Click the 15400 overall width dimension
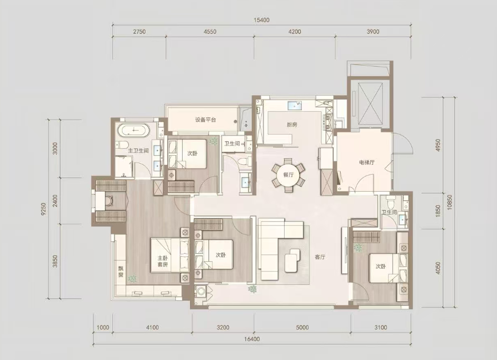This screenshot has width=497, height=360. tap(261, 20)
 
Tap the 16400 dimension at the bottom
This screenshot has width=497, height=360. tap(252, 339)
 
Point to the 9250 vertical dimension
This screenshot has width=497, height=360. tap(44, 209)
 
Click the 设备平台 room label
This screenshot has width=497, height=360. tap(205, 120)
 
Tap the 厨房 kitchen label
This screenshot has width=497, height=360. tap(292, 124)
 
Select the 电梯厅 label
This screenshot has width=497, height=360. tap(367, 162)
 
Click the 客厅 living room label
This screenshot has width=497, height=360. tap(320, 257)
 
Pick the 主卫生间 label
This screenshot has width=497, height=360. tap(138, 151)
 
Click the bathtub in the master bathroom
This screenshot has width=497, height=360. tap(133, 130)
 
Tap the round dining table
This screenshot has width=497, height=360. tap(288, 175)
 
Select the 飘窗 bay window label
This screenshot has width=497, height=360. tap(121, 272)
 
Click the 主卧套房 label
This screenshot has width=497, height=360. tap(163, 261)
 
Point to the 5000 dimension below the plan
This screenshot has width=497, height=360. tap(302, 327)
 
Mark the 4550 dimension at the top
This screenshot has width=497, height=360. tap(210, 31)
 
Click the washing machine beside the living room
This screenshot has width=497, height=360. tap(200, 292)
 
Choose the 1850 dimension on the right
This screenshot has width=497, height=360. tap(438, 211)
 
